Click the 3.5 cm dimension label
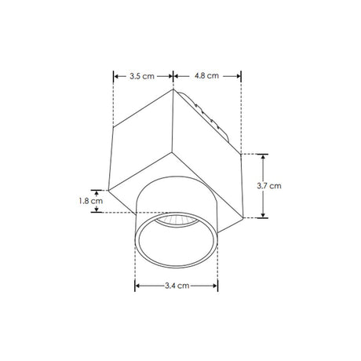coord(142,76)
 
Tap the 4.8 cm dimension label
coord(206,76)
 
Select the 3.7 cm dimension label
coord(269,186)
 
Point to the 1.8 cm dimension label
coord(91,201)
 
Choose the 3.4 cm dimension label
coord(177,286)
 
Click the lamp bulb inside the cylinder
coord(177,221)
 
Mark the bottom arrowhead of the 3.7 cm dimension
coord(263,215)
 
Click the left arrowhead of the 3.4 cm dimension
coord(137,286)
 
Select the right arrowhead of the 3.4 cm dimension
coord(215,286)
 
